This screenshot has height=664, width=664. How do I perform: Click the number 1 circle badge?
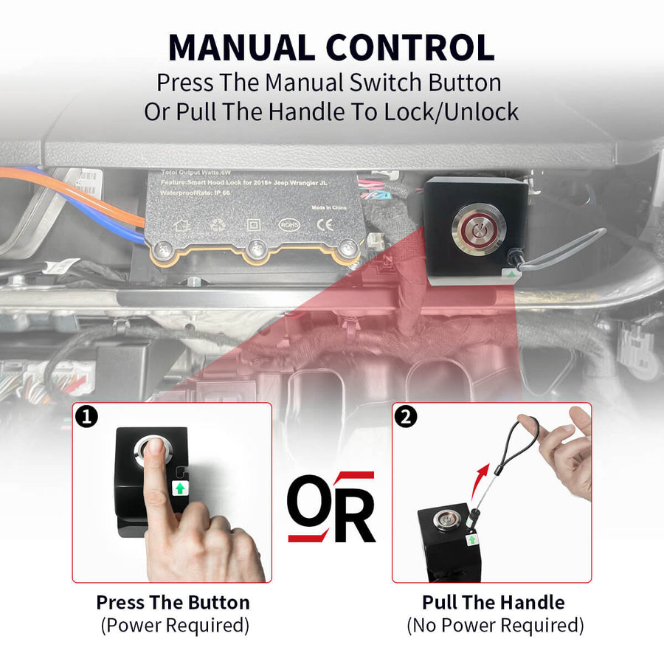(x=87, y=417)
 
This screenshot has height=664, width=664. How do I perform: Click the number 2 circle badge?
(x=407, y=417)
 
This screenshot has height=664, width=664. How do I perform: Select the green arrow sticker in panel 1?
(x=178, y=488)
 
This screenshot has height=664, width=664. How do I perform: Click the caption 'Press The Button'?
(x=173, y=602)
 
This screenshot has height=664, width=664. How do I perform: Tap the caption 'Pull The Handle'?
(x=494, y=602)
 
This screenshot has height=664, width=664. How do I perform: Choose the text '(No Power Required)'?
(x=494, y=626)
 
